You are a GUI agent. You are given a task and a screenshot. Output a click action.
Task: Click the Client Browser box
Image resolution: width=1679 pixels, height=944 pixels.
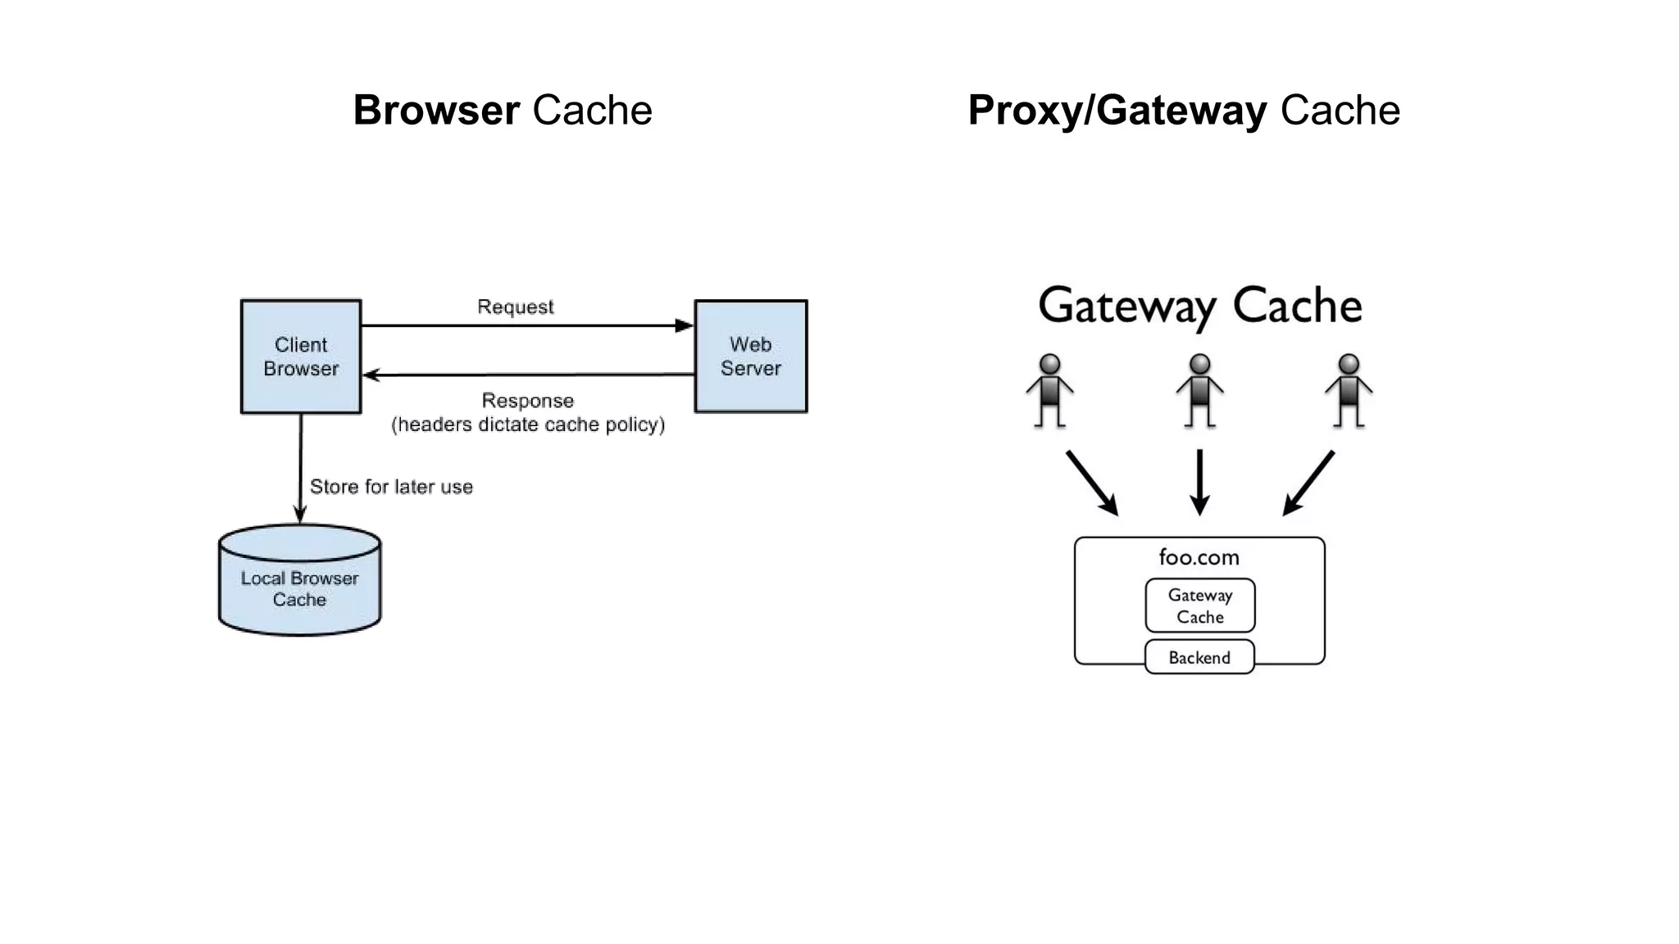click(x=300, y=356)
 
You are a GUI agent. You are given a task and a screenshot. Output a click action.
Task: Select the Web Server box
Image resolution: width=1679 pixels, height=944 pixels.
click(x=750, y=356)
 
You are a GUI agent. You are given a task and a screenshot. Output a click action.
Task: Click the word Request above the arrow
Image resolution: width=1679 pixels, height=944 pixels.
click(x=515, y=306)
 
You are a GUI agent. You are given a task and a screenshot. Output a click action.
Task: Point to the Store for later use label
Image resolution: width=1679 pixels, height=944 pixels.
click(x=391, y=487)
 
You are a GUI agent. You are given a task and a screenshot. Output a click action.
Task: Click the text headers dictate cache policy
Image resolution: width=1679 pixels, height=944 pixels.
click(x=528, y=424)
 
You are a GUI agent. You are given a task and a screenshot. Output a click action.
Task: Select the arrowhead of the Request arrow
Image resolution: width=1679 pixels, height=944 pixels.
click(x=684, y=325)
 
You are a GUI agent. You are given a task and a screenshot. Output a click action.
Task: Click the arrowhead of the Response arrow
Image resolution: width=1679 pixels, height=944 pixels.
click(x=371, y=375)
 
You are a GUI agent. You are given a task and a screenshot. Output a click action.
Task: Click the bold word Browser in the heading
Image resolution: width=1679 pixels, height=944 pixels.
click(x=436, y=110)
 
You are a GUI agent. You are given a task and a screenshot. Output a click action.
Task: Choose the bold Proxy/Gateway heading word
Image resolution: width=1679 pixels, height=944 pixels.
click(x=1117, y=110)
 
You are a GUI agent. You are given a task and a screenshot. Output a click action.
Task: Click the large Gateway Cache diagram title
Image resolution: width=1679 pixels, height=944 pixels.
click(x=1199, y=306)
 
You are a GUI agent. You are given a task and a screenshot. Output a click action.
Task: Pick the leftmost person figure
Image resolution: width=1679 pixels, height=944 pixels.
click(x=1049, y=391)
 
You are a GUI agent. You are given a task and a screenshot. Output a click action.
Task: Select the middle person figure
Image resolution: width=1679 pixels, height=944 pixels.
click(x=1199, y=391)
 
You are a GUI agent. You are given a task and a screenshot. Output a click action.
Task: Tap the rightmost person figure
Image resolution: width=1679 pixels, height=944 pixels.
click(x=1349, y=391)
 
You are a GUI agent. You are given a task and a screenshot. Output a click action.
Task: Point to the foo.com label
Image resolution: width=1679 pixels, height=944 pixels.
click(x=1199, y=557)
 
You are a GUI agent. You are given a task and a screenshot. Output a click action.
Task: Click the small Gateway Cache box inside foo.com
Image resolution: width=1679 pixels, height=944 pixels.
click(x=1199, y=606)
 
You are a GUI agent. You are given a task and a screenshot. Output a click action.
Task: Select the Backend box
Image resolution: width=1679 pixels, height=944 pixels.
click(x=1199, y=657)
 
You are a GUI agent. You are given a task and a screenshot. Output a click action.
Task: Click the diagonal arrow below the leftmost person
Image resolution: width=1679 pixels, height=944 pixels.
click(x=1092, y=483)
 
